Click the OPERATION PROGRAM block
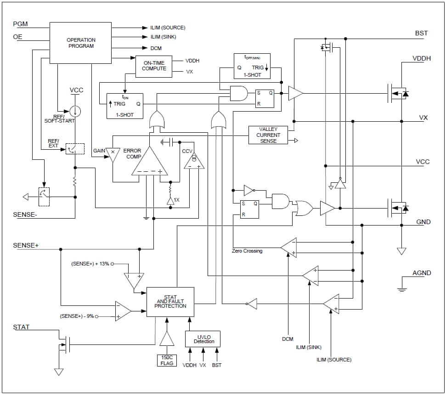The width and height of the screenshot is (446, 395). tap(80, 43)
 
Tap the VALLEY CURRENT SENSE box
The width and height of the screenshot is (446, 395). tap(268, 135)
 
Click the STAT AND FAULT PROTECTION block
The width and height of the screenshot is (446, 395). tap(170, 302)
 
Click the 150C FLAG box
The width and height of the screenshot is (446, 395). tap(167, 360)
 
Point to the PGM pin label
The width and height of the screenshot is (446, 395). tap(21, 24)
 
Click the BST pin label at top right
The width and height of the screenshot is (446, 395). tap(421, 33)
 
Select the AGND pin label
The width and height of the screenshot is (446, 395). tap(421, 273)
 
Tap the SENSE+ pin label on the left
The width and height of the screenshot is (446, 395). tap(26, 245)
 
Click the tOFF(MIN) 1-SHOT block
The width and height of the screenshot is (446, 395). tap(252, 66)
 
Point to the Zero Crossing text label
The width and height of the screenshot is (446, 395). tap(247, 251)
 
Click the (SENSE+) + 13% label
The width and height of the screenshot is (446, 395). tap(90, 264)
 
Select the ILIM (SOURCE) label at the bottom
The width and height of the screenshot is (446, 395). tap(333, 360)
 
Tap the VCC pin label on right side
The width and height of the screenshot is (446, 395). tap(423, 162)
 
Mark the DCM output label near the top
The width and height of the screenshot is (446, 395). tap(156, 48)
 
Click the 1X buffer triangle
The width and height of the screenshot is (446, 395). tap(170, 200)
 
